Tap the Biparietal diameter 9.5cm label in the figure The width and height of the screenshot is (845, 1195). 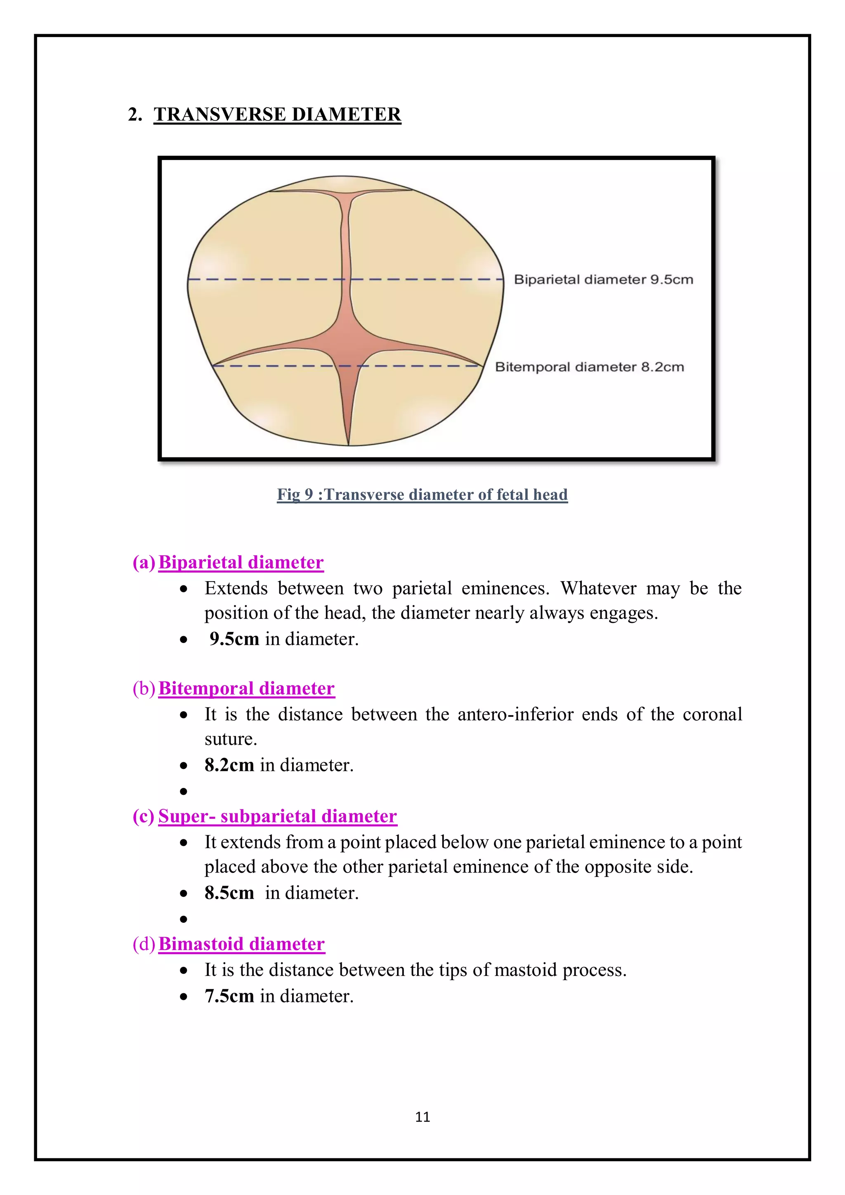coord(603,280)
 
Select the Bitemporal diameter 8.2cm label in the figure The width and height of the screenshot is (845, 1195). coord(589,367)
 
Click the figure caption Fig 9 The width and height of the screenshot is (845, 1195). coord(422,495)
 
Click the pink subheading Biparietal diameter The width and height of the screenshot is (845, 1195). coord(241,563)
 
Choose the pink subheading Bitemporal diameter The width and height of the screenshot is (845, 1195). coord(246,688)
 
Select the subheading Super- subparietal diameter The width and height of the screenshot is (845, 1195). coord(278,816)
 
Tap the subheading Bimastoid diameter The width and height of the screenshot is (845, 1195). coord(242,944)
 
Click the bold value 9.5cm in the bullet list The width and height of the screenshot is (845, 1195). coord(234,639)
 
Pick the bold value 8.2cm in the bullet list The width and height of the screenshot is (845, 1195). coord(229,765)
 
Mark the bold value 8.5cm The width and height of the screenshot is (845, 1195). coord(229,893)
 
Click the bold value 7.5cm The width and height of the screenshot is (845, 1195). coord(229,996)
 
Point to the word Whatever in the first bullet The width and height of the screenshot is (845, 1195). coord(598,589)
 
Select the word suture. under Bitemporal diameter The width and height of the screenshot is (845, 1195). coord(231,740)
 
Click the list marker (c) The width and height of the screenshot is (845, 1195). coord(143,816)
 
